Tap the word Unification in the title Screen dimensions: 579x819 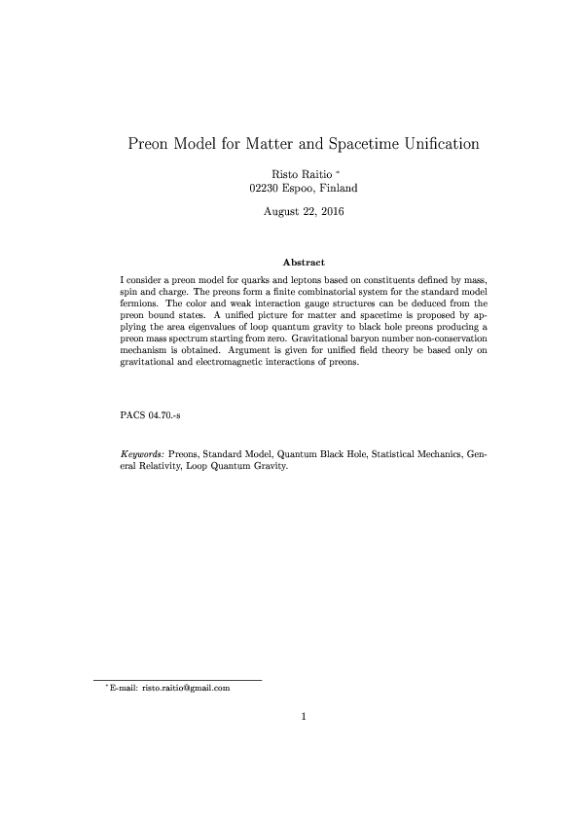point(434,144)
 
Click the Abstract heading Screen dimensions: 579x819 point(302,263)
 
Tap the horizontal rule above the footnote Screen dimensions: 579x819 point(177,679)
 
